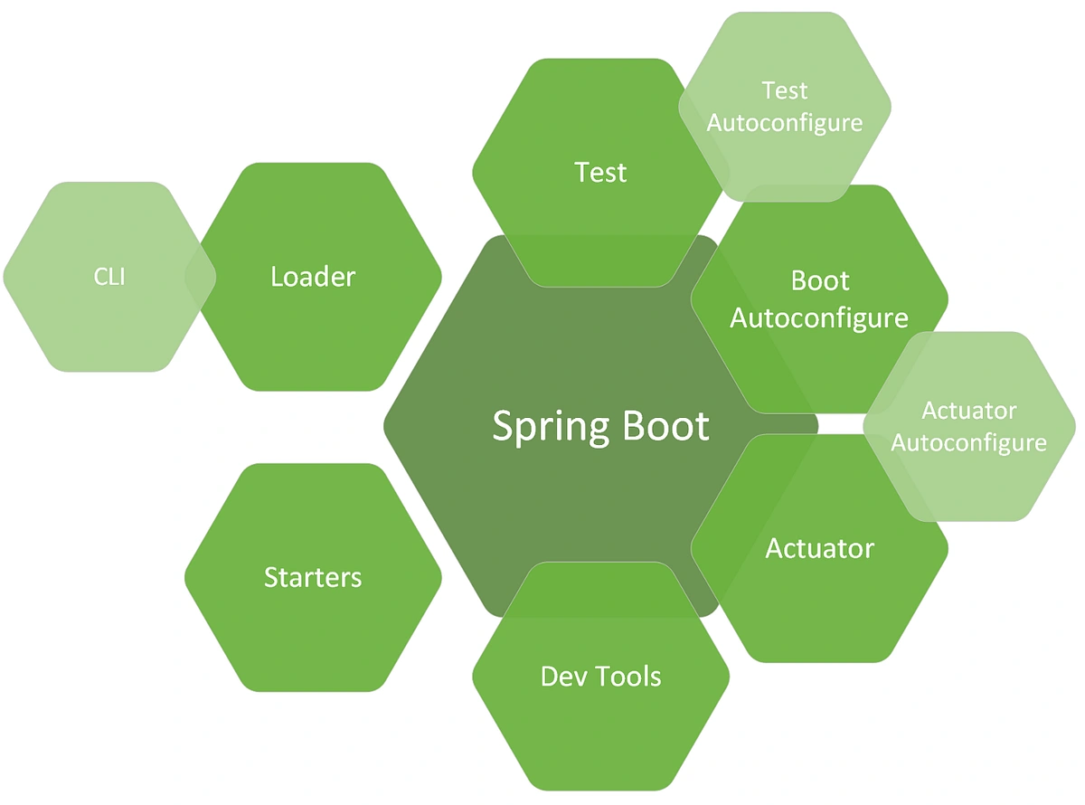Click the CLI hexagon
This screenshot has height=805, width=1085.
pyautogui.click(x=99, y=277)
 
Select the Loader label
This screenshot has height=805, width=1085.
pyautogui.click(x=313, y=277)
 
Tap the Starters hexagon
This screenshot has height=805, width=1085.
pyautogui.click(x=313, y=577)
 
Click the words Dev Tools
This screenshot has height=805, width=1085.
pyautogui.click(x=600, y=676)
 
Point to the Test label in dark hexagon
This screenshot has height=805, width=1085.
pyautogui.click(x=600, y=172)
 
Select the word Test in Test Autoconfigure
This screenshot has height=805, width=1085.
pyautogui.click(x=785, y=90)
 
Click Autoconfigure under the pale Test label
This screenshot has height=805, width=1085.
pyautogui.click(x=785, y=122)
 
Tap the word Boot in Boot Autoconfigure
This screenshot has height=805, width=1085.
pyautogui.click(x=820, y=280)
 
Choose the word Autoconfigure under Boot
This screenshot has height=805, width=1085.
pyautogui.click(x=818, y=318)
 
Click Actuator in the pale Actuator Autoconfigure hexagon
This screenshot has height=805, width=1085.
pyautogui.click(x=968, y=411)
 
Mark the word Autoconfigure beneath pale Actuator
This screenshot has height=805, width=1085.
pyautogui.click(x=968, y=443)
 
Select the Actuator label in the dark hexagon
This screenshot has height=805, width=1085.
pyautogui.click(x=819, y=548)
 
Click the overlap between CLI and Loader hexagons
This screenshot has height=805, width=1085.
pyautogui.click(x=200, y=277)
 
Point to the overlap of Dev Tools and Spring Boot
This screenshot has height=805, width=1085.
pyautogui.click(x=600, y=592)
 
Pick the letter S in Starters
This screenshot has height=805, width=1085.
pyautogui.click(x=270, y=577)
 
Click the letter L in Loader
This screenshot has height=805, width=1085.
pyautogui.click(x=277, y=277)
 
